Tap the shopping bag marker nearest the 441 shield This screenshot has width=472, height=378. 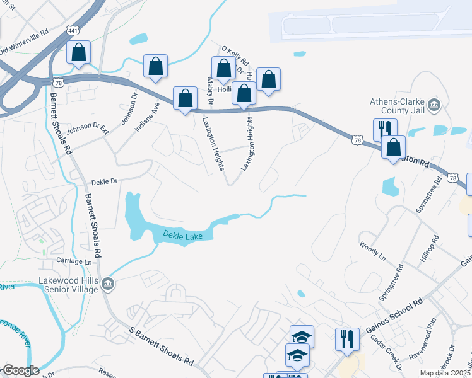(79, 54)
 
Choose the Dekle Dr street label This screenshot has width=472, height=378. (104, 181)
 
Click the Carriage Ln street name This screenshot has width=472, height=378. (74, 261)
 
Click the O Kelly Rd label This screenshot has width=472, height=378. (235, 55)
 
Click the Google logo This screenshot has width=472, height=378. (21, 370)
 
